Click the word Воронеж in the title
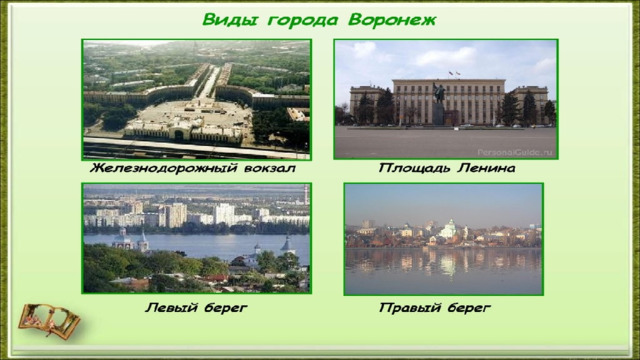pos(392,20)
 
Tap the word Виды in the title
pos(229,20)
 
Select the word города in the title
pos(303,21)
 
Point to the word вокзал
pos(270,168)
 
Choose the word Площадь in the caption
pos(415,168)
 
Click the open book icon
pos(49,321)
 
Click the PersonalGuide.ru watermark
pos(515,153)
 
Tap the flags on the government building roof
pos(453,73)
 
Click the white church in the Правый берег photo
pos(449,229)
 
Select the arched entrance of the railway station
pos(179,135)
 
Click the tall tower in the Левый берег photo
pos(306,195)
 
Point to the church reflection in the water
pos(448,263)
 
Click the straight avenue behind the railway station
pos(209,82)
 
